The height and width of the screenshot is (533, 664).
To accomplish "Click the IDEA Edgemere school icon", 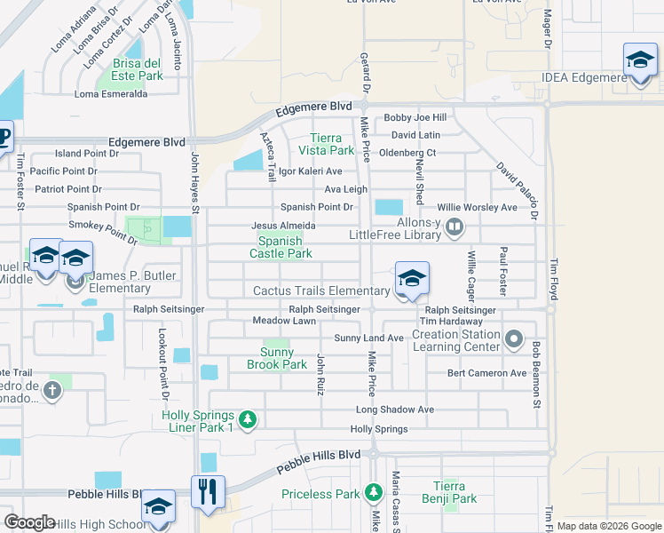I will click(x=640, y=61).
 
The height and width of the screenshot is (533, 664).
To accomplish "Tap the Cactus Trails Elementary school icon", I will click(x=411, y=280).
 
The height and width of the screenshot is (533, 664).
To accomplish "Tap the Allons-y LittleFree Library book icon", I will click(x=455, y=228).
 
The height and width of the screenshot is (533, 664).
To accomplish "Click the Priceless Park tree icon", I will click(x=374, y=492).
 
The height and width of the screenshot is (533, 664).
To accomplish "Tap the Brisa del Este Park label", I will click(x=138, y=69).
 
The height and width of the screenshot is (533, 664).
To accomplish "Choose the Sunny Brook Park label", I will click(x=276, y=358).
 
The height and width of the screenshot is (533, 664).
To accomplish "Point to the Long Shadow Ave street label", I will click(x=394, y=410).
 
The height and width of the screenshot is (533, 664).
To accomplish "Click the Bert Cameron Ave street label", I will click(x=486, y=373).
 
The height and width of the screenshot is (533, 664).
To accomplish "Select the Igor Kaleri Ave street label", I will click(x=310, y=171).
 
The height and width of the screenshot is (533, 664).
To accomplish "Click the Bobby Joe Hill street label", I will click(x=414, y=118).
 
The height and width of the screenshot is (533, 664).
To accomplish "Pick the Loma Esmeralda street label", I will click(x=111, y=94).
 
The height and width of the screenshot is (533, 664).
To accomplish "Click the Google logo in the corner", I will click(x=29, y=522).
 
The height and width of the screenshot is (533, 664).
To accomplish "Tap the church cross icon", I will click(x=52, y=390).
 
